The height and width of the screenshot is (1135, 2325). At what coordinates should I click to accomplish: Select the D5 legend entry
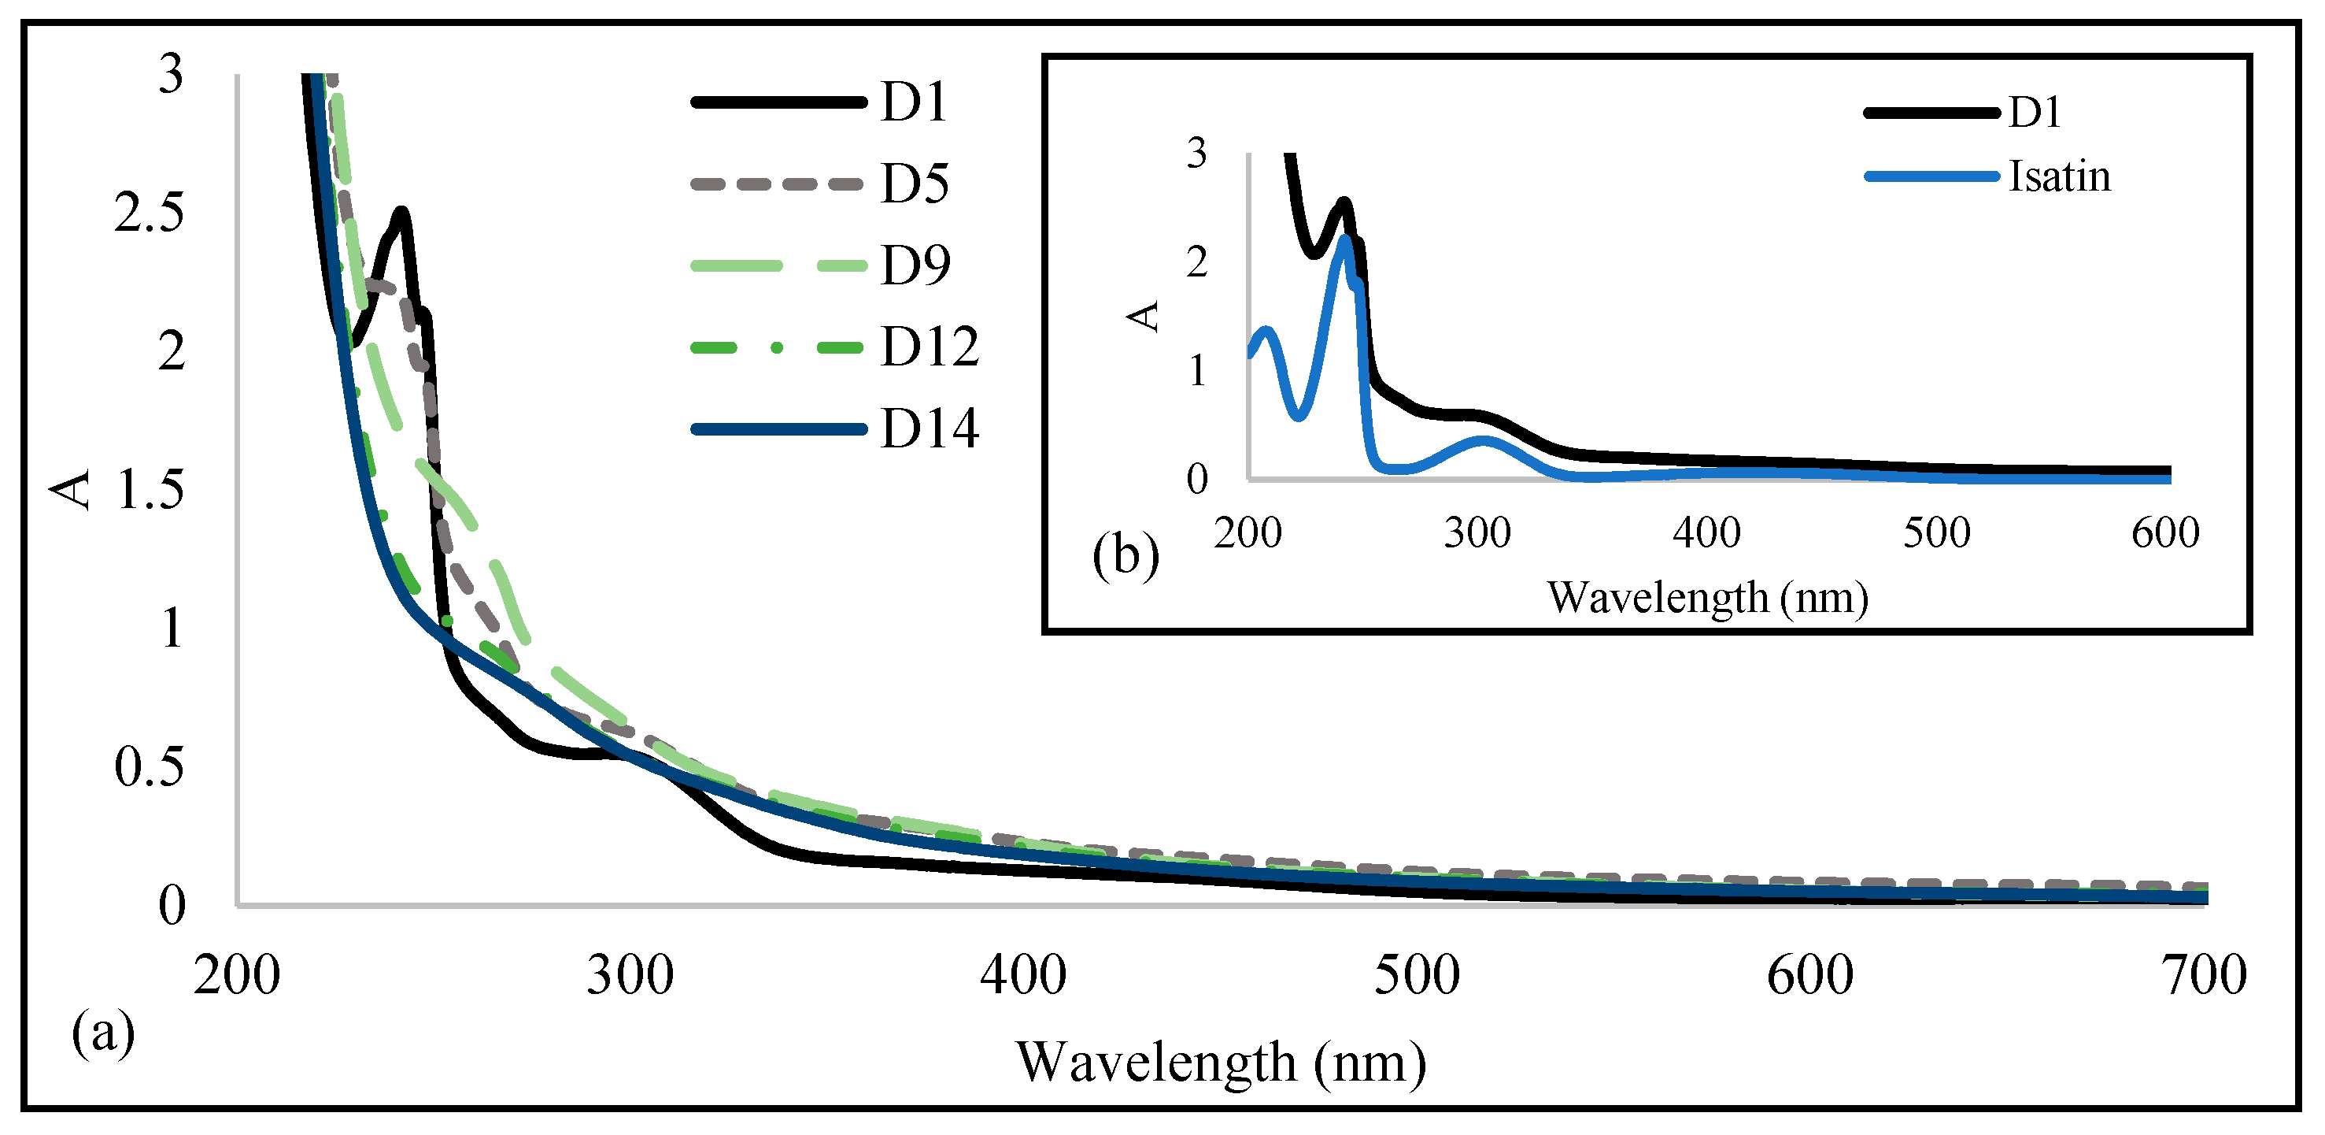click(x=915, y=184)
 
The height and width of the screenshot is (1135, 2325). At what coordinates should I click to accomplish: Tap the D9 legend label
click(x=915, y=265)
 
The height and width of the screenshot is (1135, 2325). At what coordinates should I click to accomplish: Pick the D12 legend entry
click(x=929, y=346)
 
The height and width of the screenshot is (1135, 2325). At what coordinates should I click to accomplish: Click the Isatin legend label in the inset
click(x=2059, y=176)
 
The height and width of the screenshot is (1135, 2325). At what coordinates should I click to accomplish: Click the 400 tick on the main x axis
click(x=1023, y=976)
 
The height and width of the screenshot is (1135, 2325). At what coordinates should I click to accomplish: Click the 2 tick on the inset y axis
click(x=1197, y=263)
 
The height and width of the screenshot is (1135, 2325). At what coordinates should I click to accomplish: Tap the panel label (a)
click(x=103, y=1031)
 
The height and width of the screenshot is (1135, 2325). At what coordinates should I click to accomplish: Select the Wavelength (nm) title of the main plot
click(x=1220, y=1062)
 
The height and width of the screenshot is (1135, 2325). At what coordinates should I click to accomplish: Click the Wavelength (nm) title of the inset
click(x=1708, y=598)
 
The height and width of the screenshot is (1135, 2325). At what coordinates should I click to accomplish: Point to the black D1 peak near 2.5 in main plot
click(x=401, y=213)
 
